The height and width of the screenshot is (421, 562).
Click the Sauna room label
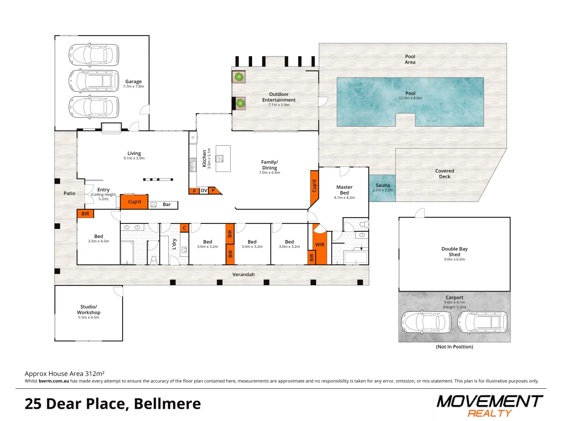click(x=382, y=185)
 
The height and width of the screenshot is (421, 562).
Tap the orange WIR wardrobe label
click(x=320, y=245)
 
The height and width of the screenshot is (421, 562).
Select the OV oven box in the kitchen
click(x=204, y=191)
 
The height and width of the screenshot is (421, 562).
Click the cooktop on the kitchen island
click(x=219, y=159)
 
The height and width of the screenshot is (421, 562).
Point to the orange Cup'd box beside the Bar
click(x=134, y=202)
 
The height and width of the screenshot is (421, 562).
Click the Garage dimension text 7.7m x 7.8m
click(x=133, y=87)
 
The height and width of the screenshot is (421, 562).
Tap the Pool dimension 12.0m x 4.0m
click(x=410, y=98)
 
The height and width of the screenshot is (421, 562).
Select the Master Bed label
click(x=344, y=190)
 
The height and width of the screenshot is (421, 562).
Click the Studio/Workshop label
click(x=89, y=309)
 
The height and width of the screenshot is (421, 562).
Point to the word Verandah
click(x=243, y=274)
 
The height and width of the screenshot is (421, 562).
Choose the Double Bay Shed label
click(x=454, y=251)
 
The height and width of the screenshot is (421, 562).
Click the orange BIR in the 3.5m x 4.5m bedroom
click(x=85, y=214)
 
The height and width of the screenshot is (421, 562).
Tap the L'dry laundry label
click(x=174, y=244)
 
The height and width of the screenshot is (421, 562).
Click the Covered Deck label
click(x=445, y=173)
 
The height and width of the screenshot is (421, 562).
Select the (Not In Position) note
click(x=454, y=347)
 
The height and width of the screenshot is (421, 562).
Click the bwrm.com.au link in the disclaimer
click(x=54, y=381)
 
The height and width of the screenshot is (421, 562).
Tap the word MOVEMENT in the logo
click(x=489, y=402)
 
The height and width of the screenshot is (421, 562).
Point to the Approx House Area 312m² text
click(x=64, y=373)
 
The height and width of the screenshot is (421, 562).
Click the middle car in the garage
click(x=94, y=81)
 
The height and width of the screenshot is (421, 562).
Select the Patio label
click(x=69, y=193)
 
